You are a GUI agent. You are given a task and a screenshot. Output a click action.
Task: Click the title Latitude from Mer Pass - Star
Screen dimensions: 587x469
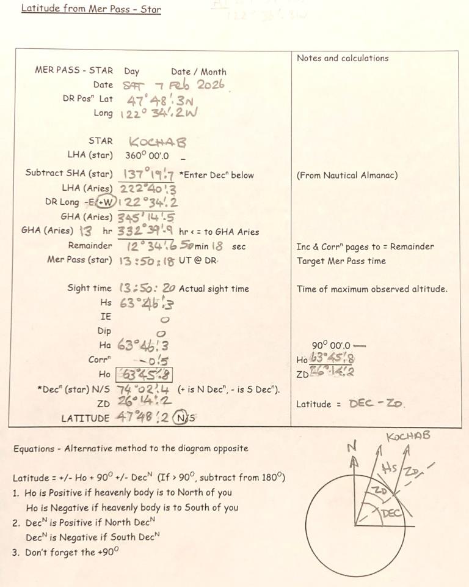[91, 9]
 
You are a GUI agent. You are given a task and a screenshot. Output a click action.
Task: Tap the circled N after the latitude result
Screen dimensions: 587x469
[178, 419]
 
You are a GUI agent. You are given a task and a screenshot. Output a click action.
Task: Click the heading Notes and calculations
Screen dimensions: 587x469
[343, 58]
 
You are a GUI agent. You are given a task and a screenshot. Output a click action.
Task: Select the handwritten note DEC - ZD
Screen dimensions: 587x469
[377, 404]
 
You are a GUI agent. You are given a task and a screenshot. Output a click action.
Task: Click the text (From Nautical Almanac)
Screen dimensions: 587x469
[347, 175]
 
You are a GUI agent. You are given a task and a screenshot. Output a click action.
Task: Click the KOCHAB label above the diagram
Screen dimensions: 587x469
[409, 436]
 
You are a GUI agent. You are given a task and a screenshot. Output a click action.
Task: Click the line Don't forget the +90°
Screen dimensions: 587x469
[71, 552]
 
